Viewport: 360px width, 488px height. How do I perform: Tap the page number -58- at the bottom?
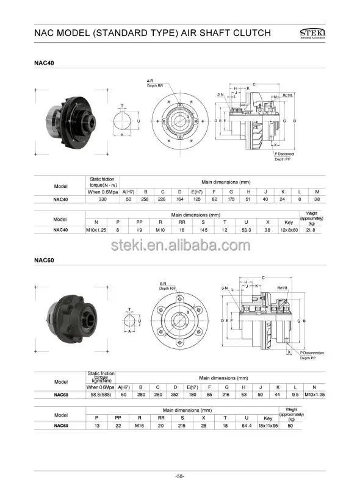[x=181, y=475]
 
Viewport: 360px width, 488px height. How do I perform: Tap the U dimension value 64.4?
[x=246, y=426]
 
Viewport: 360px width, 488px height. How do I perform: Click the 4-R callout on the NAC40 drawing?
[x=151, y=81]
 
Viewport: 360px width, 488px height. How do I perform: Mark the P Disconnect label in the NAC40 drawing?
[x=284, y=154]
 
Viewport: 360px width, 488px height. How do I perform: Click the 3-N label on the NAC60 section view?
[x=225, y=287]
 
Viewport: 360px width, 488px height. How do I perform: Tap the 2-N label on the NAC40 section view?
[x=220, y=95]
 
